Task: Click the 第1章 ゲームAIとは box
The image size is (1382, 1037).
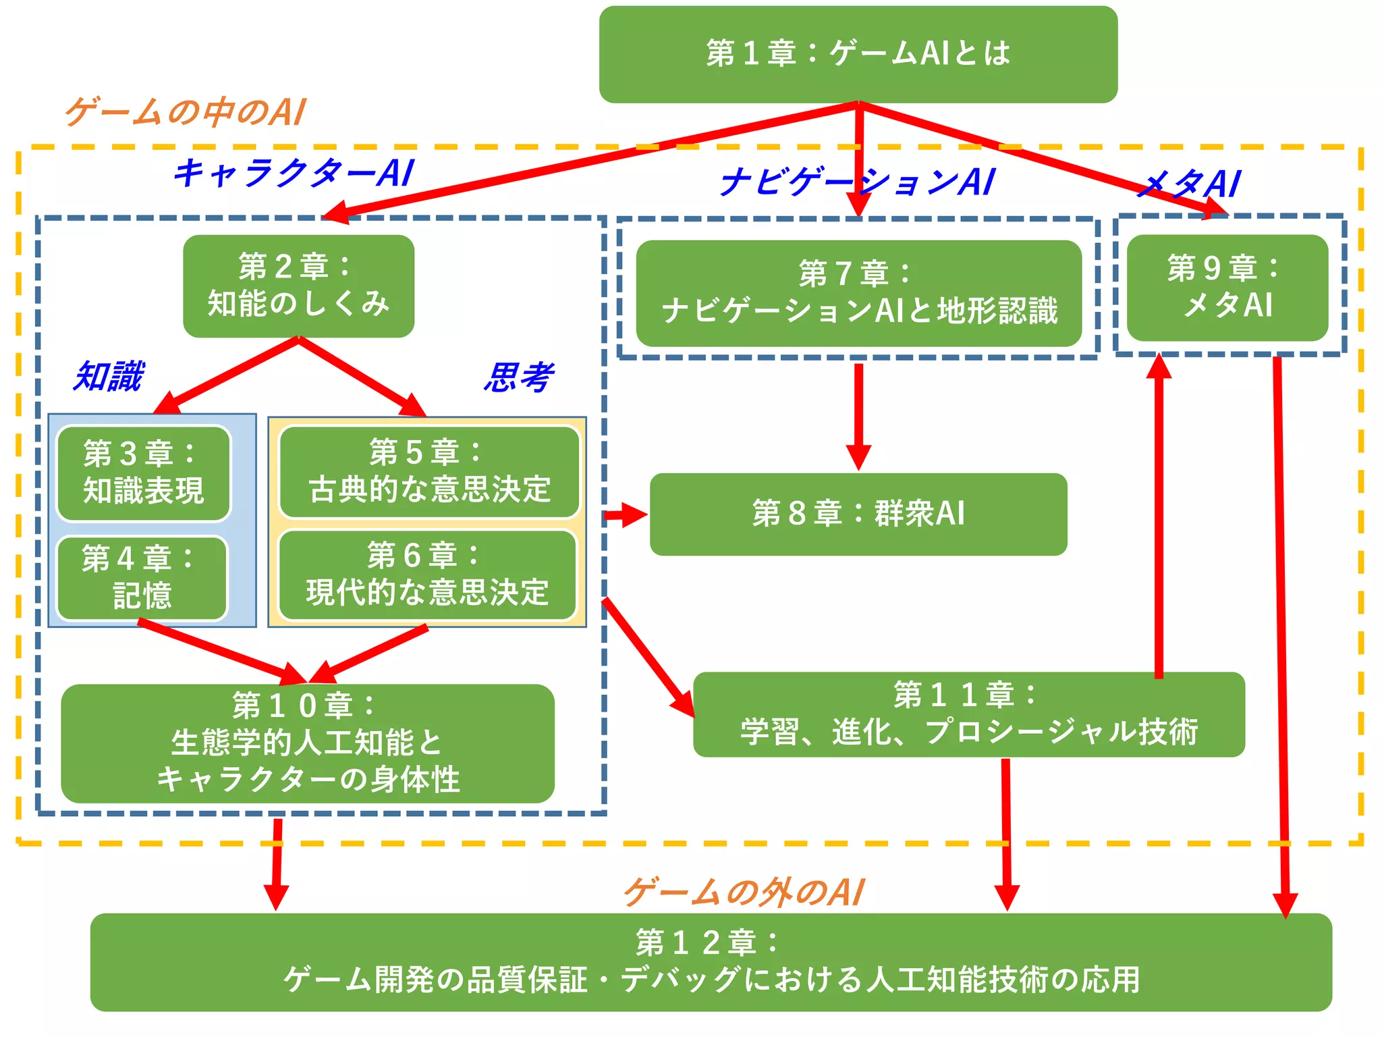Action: (858, 54)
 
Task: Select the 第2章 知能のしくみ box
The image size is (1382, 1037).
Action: (298, 286)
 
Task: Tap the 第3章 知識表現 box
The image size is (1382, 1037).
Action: (143, 473)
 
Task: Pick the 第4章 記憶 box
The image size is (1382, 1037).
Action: (142, 578)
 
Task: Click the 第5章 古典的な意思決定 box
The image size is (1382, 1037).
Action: (429, 471)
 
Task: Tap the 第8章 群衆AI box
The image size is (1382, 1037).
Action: (858, 514)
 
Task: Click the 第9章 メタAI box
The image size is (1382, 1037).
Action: (1227, 288)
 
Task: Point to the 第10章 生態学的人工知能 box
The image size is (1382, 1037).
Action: (308, 743)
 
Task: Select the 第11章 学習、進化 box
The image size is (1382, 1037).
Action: (968, 714)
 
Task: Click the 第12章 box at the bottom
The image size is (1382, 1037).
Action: (711, 962)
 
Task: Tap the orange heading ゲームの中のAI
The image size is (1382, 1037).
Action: (186, 112)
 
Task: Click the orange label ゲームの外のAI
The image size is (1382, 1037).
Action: (744, 893)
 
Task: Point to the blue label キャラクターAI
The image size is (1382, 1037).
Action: (294, 173)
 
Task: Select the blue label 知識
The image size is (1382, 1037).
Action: (109, 376)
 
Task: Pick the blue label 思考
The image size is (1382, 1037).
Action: (518, 377)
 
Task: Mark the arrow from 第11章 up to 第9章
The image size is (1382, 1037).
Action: (1159, 513)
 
